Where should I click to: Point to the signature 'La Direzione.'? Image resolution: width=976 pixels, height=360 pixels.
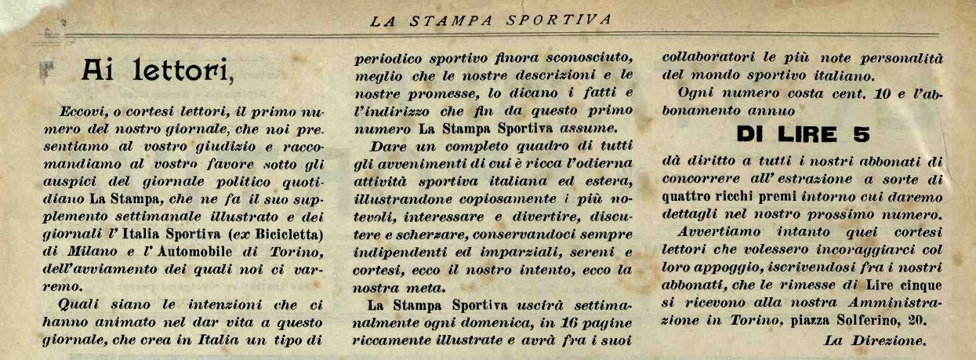[x=876, y=340]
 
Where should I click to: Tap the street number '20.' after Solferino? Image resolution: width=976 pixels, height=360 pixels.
[x=918, y=321]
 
